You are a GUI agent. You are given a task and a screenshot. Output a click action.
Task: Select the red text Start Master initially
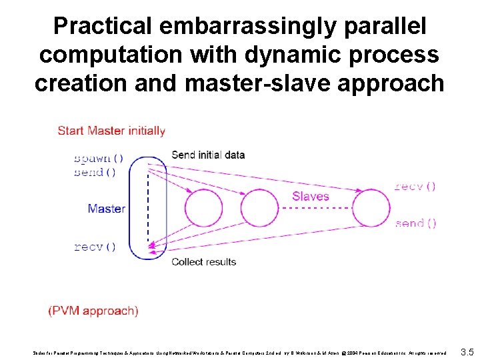click(x=111, y=131)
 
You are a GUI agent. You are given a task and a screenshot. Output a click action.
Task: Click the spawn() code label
click(x=98, y=159)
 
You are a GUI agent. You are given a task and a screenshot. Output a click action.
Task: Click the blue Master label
click(x=106, y=209)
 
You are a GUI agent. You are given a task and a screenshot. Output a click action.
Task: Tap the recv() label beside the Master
click(x=95, y=247)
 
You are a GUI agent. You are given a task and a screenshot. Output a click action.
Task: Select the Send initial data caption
click(x=208, y=155)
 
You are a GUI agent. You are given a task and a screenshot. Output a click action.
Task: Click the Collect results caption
click(x=203, y=262)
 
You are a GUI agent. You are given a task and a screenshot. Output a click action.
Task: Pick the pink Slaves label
click(x=311, y=196)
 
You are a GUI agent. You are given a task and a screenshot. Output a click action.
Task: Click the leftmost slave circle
click(x=204, y=209)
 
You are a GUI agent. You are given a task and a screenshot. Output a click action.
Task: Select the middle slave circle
click(x=260, y=209)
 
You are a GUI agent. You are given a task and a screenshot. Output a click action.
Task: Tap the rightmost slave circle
click(x=371, y=209)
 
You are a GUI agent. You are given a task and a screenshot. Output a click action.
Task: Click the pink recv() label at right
click(x=415, y=187)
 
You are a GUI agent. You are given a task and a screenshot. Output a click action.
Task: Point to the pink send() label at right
click(x=415, y=223)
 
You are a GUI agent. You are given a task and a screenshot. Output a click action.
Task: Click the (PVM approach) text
click(x=93, y=311)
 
